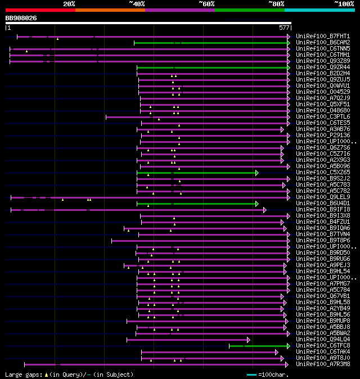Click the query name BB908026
click(21, 18)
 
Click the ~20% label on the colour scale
click(69, 4)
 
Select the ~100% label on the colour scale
click(344, 4)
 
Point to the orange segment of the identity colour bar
click(110, 10)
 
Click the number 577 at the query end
click(284, 28)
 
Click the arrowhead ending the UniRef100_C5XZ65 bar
click(257, 173)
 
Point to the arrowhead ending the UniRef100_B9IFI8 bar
click(264, 210)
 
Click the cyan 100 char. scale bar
click(251, 375)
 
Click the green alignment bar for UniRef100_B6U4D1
click(197, 204)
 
